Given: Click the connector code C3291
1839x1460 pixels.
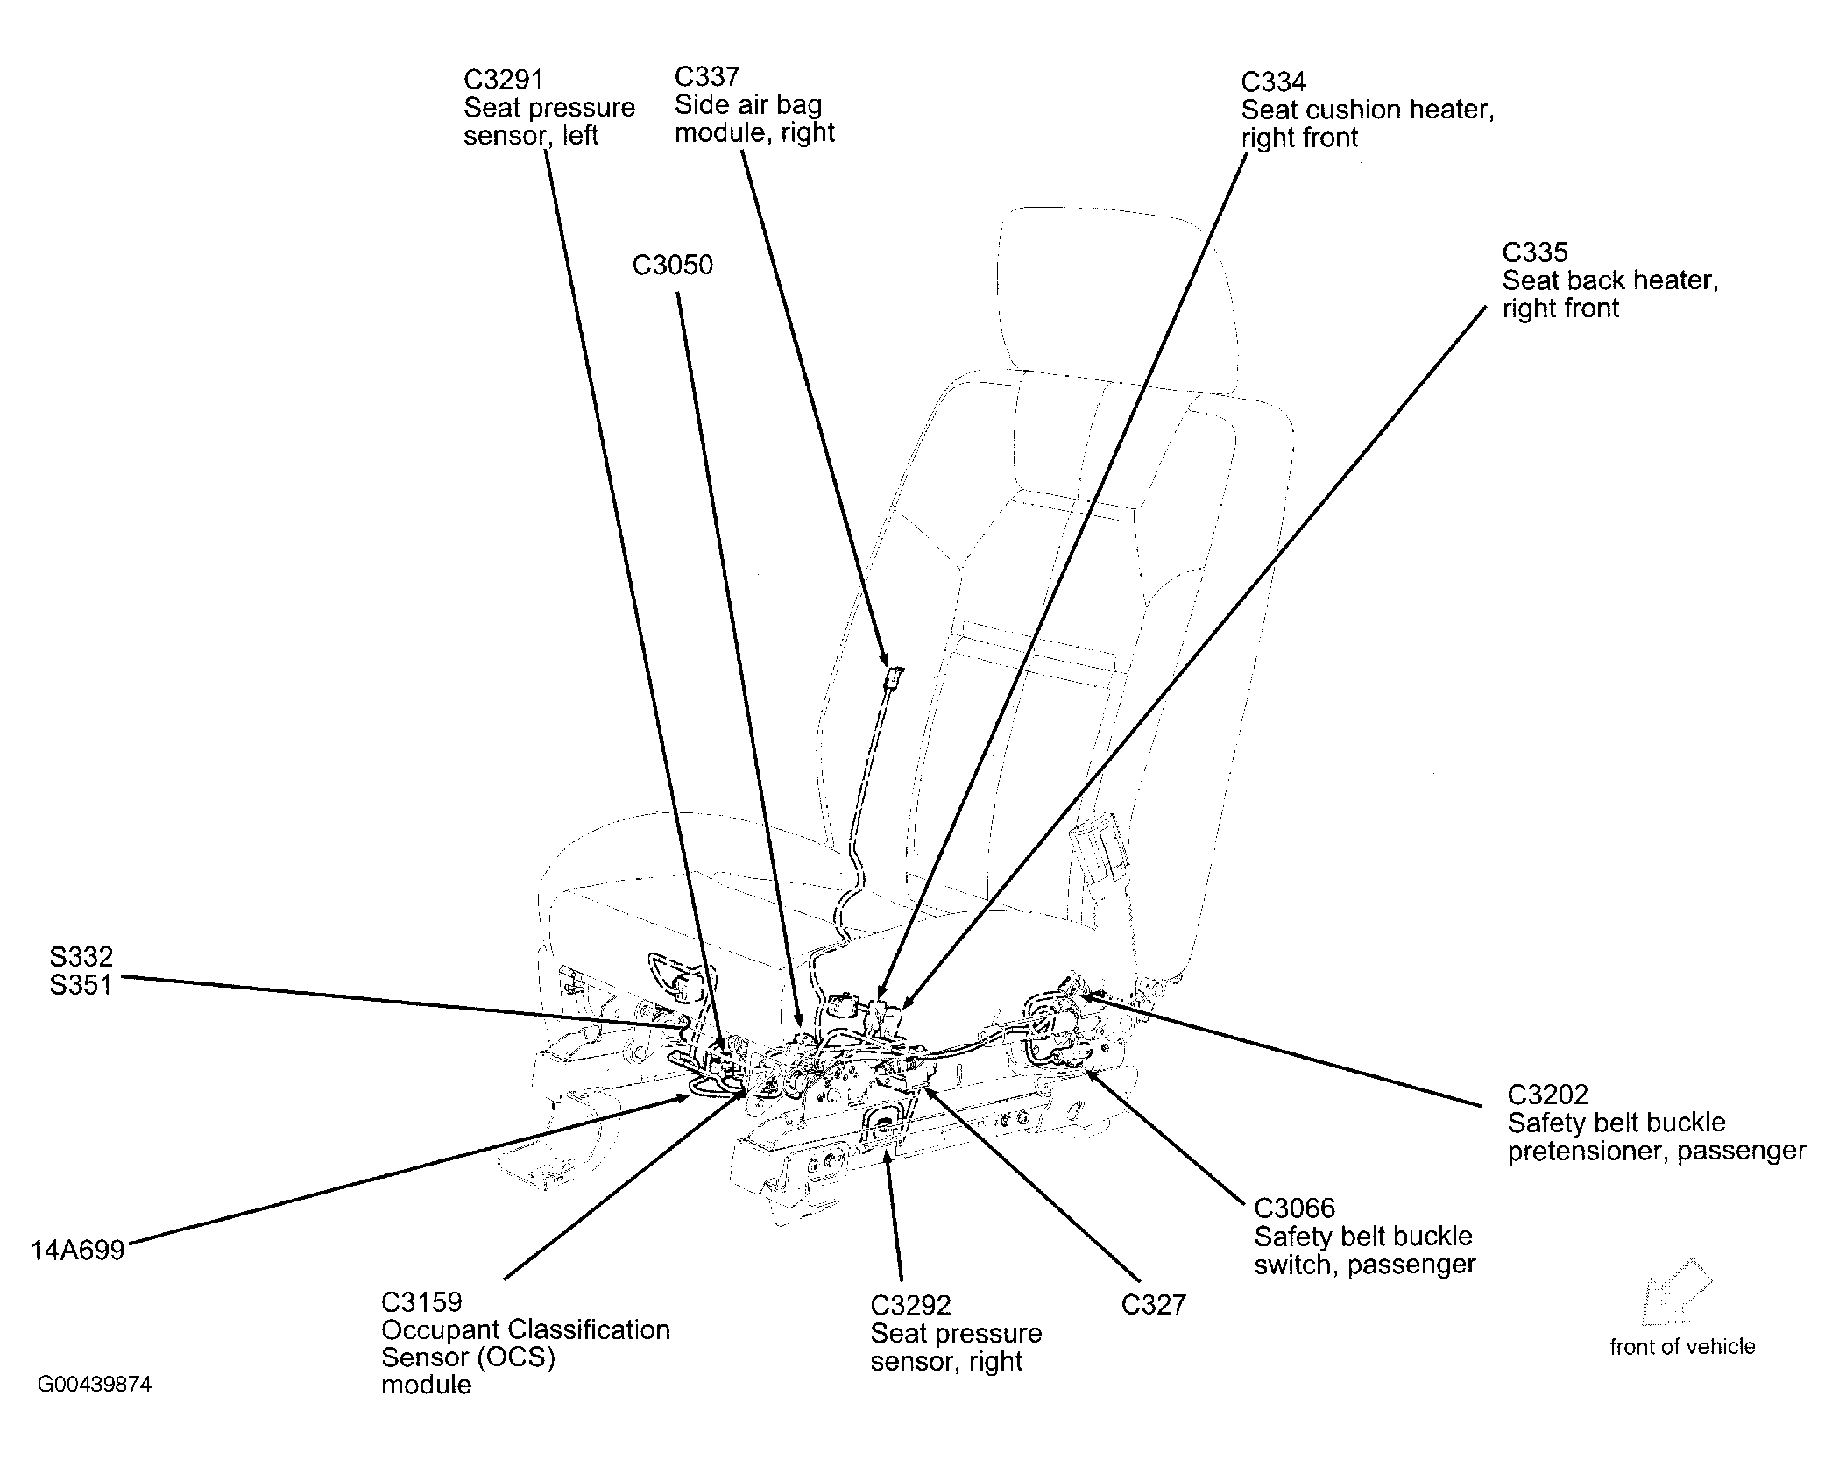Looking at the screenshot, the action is click(503, 80).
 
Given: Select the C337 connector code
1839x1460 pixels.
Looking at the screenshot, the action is click(707, 77).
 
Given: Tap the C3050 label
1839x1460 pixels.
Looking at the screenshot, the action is click(673, 265).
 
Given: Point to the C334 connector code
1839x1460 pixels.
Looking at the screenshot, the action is click(1273, 82).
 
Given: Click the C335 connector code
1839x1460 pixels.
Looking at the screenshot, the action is click(1534, 252).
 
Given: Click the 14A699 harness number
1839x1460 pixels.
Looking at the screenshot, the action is click(78, 1250).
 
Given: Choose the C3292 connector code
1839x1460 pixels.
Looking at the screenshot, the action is click(910, 1306).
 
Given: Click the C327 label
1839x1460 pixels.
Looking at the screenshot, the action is click(1154, 1306).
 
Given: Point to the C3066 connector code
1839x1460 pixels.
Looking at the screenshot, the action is click(1295, 1208).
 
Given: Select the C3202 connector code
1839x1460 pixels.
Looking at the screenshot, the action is click(1548, 1095).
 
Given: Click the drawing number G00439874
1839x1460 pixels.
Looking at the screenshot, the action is click(95, 1385).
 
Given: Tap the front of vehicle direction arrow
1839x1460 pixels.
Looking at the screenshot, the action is click(1677, 1293).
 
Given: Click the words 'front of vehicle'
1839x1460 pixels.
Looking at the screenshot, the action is click(1682, 1346).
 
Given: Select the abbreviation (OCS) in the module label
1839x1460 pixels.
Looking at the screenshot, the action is click(513, 1357).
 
